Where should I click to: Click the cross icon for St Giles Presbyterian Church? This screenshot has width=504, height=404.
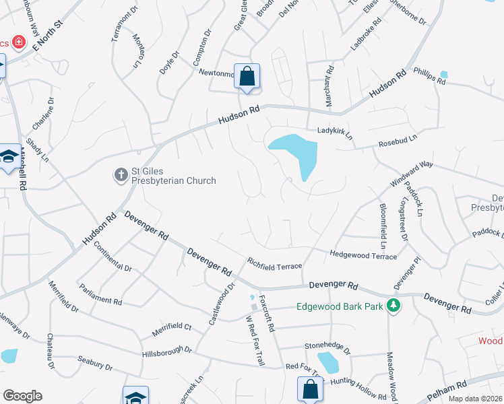tap(121, 175)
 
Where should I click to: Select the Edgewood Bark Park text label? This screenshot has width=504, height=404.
tap(340, 307)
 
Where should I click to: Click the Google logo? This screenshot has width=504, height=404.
tap(22, 395)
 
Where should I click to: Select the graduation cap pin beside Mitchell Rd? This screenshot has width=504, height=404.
tap(9, 158)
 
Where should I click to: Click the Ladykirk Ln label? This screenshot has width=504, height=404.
tap(335, 132)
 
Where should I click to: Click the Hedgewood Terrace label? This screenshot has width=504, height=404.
tap(363, 255)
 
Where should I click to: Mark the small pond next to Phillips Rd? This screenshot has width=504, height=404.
tap(443, 74)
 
